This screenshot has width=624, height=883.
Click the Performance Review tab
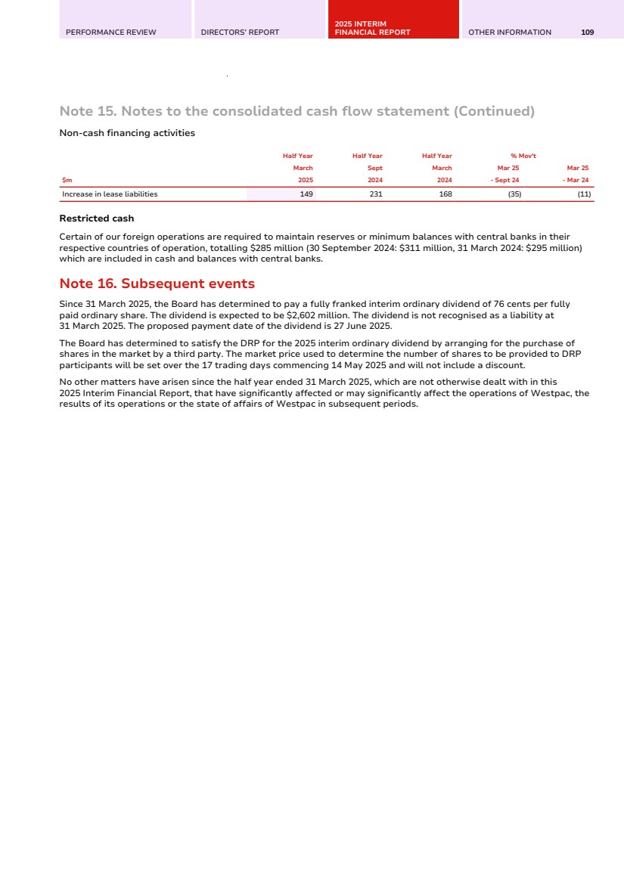[x=111, y=33]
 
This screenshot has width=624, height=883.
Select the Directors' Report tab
[x=240, y=33]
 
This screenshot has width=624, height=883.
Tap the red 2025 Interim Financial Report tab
[x=372, y=29]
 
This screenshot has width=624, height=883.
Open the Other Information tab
[x=510, y=33]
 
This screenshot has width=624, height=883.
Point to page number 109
[x=587, y=33]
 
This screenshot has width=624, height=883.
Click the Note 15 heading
[x=296, y=112]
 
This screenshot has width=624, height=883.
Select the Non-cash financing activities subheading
[x=127, y=133]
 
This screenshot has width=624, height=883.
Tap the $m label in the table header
[x=67, y=180]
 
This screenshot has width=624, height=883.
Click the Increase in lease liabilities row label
[x=110, y=194]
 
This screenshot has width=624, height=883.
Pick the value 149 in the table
[x=306, y=194]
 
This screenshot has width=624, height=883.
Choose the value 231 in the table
[x=375, y=194]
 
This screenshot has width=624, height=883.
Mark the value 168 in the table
[x=445, y=194]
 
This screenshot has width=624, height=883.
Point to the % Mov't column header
[x=523, y=156]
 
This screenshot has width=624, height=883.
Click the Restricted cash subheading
[x=96, y=218]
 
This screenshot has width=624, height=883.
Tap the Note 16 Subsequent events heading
[x=157, y=284]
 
